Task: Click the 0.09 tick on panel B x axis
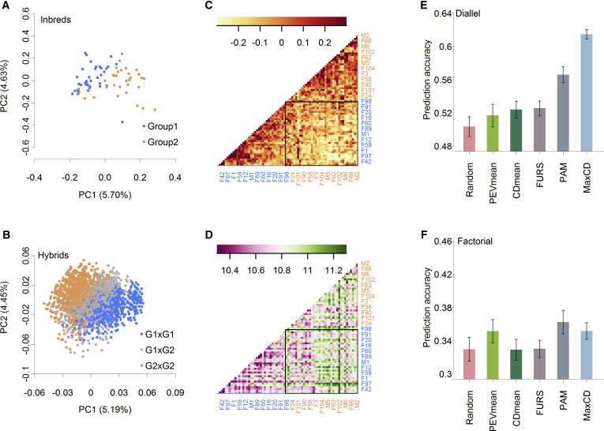coord(174,392)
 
